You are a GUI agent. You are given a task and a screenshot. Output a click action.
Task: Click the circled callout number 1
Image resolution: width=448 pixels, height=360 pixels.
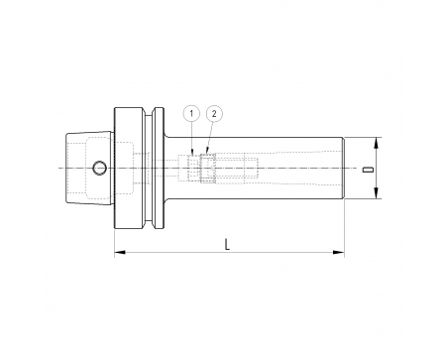point(191,114)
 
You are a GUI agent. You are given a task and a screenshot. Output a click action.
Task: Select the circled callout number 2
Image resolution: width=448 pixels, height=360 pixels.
point(214,114)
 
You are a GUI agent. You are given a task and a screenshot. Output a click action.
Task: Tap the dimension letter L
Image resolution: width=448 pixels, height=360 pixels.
point(227,245)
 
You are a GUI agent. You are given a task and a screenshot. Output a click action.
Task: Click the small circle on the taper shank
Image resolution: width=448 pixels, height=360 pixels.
point(99,168)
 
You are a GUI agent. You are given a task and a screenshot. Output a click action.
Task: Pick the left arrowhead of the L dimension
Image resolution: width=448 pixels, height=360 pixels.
point(120,253)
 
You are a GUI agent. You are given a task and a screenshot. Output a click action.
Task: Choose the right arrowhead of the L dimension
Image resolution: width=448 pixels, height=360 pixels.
point(339,253)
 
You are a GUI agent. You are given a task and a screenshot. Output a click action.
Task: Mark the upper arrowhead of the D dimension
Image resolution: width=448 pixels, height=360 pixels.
point(376,143)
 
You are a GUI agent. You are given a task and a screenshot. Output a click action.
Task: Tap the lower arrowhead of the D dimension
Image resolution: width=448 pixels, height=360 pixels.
point(376,193)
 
